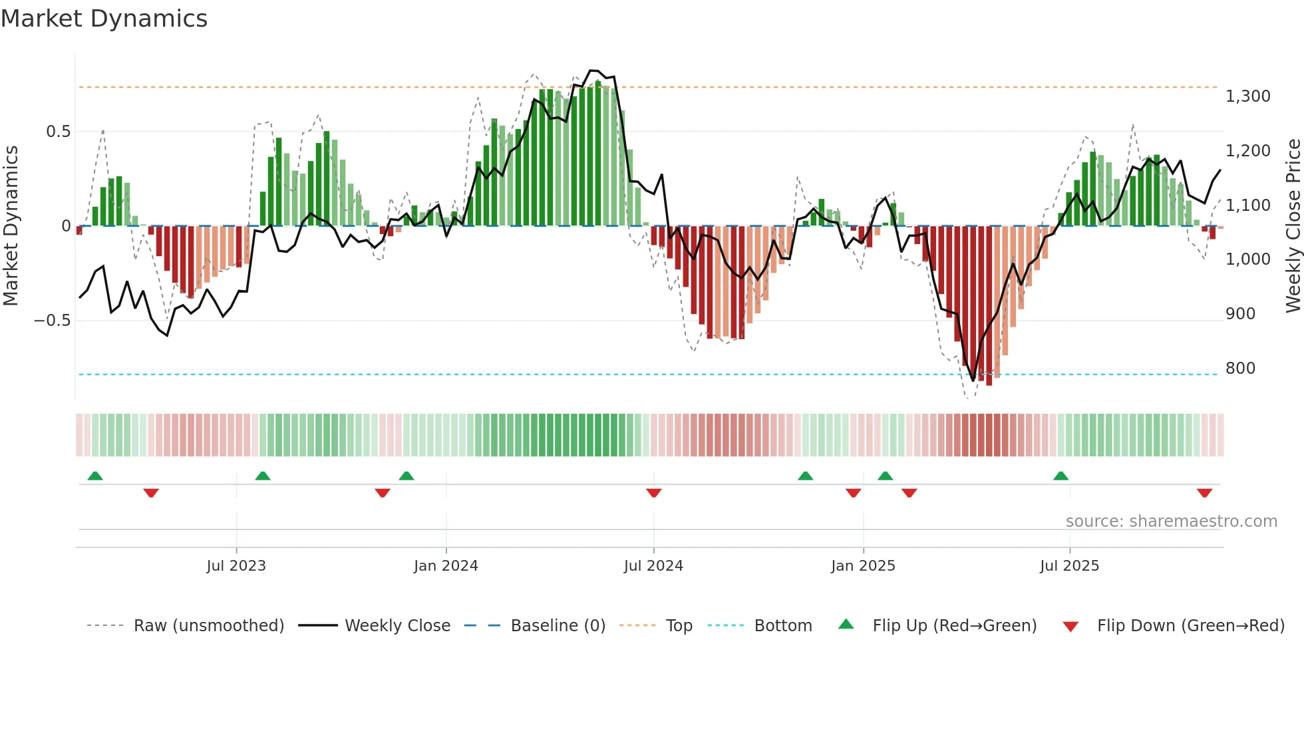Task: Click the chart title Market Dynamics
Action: [104, 19]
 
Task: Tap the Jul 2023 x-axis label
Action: [236, 566]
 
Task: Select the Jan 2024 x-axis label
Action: [446, 566]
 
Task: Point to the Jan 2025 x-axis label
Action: [863, 566]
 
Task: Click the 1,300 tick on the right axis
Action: [1247, 96]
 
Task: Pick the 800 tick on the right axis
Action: [1240, 368]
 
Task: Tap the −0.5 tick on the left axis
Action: [52, 321]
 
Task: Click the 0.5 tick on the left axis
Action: [58, 132]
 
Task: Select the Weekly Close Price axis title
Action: [1293, 226]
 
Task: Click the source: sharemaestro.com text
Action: [1171, 521]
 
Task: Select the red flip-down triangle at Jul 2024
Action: [653, 493]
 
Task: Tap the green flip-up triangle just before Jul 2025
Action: [1060, 476]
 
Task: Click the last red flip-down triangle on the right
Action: [1204, 493]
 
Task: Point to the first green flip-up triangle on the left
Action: [95, 476]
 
